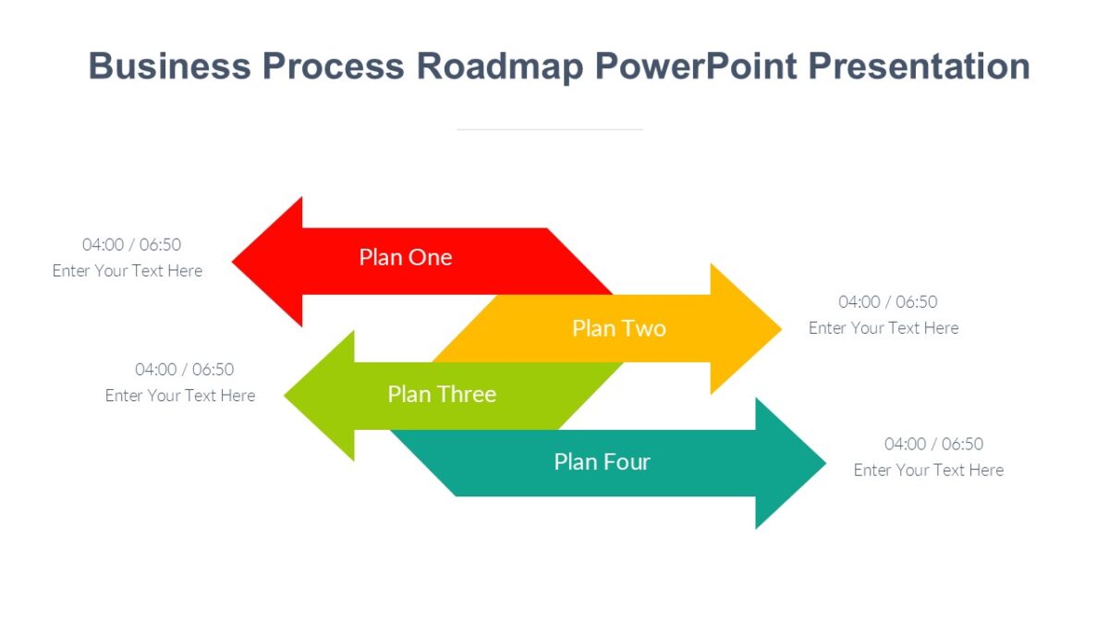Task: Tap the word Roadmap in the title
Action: pyautogui.click(x=499, y=67)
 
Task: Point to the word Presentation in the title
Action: pyautogui.click(x=919, y=67)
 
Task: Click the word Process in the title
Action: pyautogui.click(x=334, y=67)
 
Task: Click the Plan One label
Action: pyautogui.click(x=406, y=257)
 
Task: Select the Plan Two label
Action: pyautogui.click(x=618, y=328)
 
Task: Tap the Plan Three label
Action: pyautogui.click(x=442, y=395)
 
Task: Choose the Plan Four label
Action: pyautogui.click(x=602, y=462)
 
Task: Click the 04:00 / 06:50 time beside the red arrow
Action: pyautogui.click(x=131, y=245)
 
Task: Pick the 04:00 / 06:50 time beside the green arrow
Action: pyautogui.click(x=184, y=370)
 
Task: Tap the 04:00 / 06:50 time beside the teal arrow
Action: pyautogui.click(x=933, y=445)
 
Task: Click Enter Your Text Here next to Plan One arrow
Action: pyautogui.click(x=128, y=271)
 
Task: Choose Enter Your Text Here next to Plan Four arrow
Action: pyautogui.click(x=928, y=471)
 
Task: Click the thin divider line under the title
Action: pyautogui.click(x=550, y=129)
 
